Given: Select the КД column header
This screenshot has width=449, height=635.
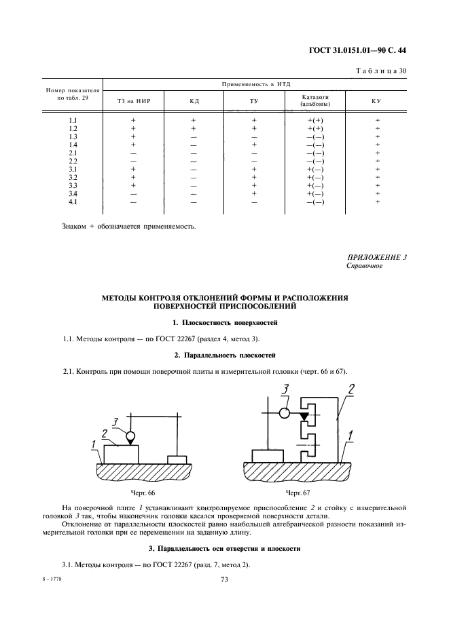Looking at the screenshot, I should click(x=194, y=101).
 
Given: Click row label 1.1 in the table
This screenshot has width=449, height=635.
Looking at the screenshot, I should click(x=73, y=120).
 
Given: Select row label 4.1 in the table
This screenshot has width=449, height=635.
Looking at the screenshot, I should click(x=73, y=201).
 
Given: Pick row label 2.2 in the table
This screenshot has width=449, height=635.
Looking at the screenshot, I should click(x=73, y=161).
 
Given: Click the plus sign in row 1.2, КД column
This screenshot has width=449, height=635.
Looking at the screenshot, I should click(x=194, y=128).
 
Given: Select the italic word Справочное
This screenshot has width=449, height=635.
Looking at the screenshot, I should click(x=365, y=266).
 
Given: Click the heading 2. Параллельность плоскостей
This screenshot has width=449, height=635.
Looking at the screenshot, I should click(x=224, y=355).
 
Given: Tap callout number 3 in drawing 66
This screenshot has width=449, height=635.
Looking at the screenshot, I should click(x=115, y=422).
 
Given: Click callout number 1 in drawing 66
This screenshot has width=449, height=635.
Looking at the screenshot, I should click(x=92, y=444).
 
